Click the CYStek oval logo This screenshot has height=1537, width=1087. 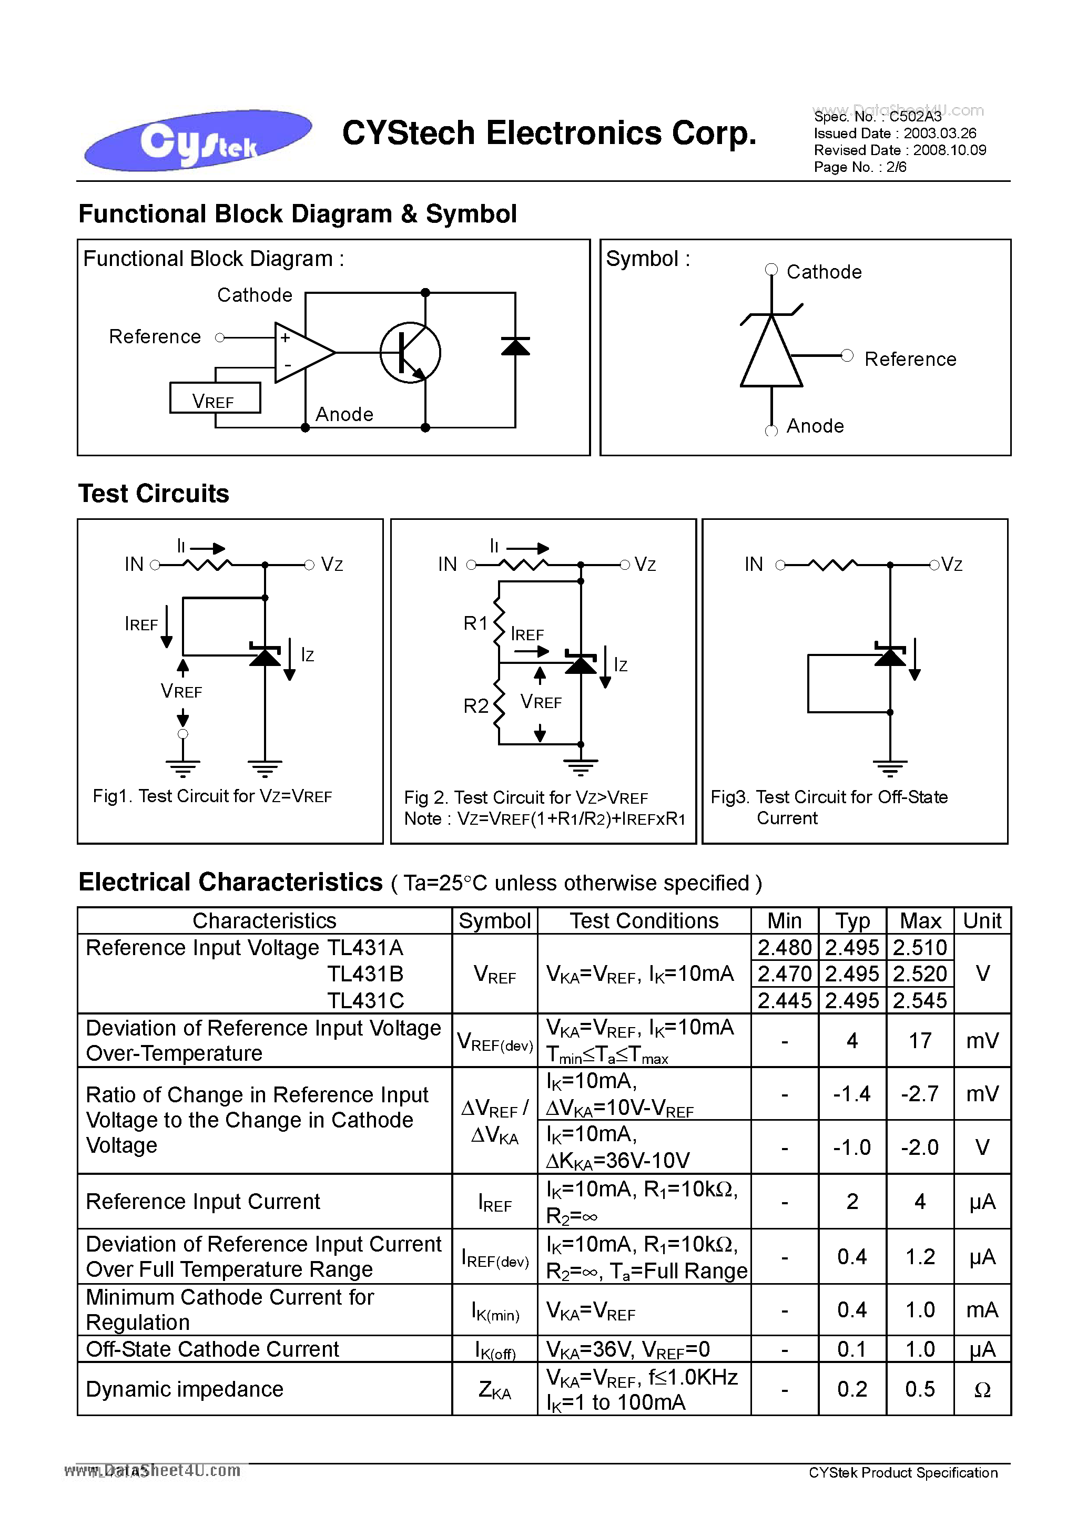tap(198, 139)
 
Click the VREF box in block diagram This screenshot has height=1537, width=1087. tap(215, 398)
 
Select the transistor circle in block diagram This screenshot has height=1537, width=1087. tap(410, 353)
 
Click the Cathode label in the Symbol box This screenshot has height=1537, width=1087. tap(823, 272)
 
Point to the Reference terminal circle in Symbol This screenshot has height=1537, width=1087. tap(847, 355)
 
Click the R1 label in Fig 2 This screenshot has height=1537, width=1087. tap(475, 623)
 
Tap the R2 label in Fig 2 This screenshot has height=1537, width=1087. tap(475, 706)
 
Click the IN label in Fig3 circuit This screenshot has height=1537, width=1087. tap(754, 565)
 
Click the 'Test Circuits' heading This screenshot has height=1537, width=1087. tap(154, 494)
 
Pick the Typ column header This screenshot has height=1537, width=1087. tap(852, 921)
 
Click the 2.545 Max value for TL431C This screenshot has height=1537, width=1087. tap(920, 1000)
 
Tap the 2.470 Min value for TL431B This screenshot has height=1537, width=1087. tap(784, 974)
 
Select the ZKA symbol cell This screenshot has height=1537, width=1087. tap(494, 1390)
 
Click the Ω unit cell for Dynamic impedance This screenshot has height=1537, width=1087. tap(982, 1390)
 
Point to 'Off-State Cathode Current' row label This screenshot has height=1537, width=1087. tap(212, 1349)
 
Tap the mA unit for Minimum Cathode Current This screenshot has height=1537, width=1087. tap(982, 1309)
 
